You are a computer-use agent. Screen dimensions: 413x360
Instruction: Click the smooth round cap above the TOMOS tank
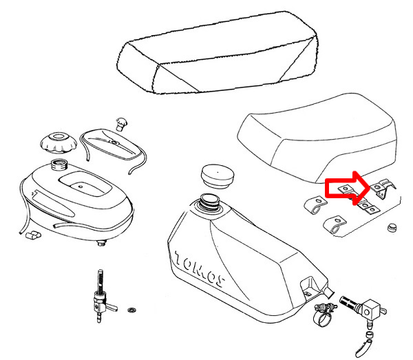tap(218, 176)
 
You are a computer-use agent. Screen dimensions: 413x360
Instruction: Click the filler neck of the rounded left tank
tap(59, 165)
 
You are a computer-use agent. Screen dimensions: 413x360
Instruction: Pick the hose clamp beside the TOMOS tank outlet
tap(324, 314)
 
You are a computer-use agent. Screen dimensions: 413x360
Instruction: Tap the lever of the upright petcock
tap(111, 306)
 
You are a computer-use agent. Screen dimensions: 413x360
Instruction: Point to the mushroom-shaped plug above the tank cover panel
tap(121, 124)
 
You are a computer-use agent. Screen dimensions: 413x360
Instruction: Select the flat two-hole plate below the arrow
tap(369, 207)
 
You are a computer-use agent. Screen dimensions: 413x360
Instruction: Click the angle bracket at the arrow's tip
tap(383, 188)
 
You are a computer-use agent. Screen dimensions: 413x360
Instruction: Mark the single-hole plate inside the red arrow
tap(346, 189)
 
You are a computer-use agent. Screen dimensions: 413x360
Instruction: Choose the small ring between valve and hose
tap(370, 335)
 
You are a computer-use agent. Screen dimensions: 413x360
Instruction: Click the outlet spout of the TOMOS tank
tap(329, 293)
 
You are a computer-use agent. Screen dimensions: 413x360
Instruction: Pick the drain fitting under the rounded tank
tap(100, 243)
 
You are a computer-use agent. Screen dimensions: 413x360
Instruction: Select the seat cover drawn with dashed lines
tap(217, 53)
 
